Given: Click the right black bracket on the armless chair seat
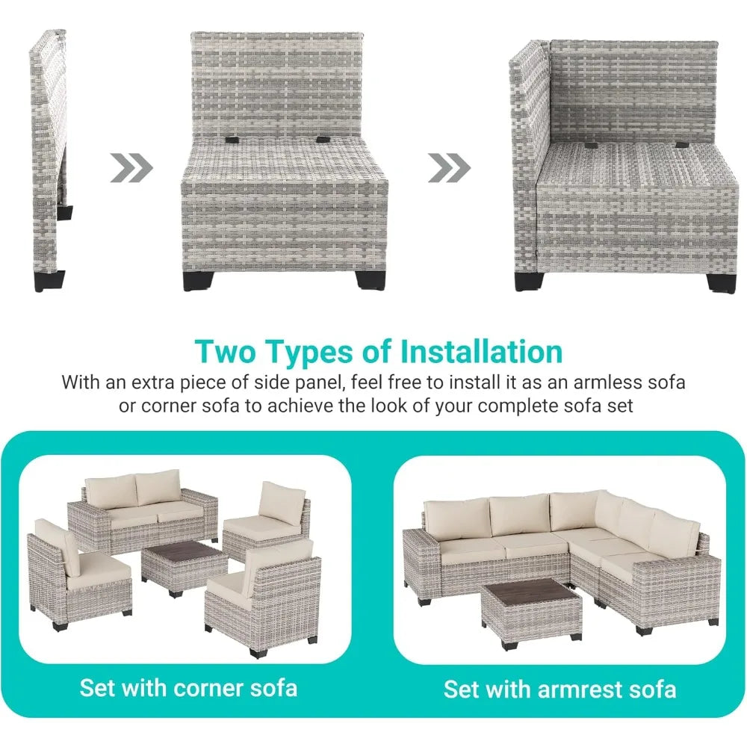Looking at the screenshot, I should (x=323, y=139).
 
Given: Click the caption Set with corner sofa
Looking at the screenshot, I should (x=188, y=687).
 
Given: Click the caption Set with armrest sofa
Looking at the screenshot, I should (x=560, y=688).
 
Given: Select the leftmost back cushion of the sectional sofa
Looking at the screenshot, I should (x=454, y=517).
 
